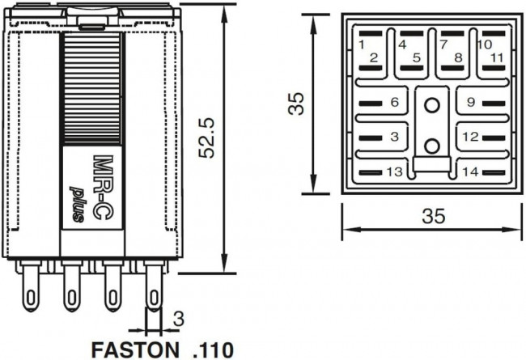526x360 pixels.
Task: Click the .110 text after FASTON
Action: pyautogui.click(x=213, y=350)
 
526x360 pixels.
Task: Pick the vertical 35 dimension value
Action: pyautogui.click(x=298, y=104)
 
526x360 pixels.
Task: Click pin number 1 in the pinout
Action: pyautogui.click(x=362, y=44)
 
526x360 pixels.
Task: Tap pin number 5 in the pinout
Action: pyautogui.click(x=416, y=57)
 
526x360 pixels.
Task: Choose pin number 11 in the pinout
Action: pyautogui.click(x=496, y=57)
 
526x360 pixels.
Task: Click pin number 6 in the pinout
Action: pyautogui.click(x=394, y=103)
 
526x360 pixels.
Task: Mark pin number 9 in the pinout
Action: pyautogui.click(x=469, y=103)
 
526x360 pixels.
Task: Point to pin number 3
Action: pyautogui.click(x=394, y=137)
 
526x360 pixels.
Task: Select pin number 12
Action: pyautogui.click(x=470, y=137)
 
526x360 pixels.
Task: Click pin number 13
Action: pyautogui.click(x=394, y=172)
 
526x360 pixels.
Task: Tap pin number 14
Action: pyautogui.click(x=470, y=172)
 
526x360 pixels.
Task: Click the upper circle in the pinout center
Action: pyautogui.click(x=432, y=104)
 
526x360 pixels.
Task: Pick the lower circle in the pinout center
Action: pyautogui.click(x=432, y=146)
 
